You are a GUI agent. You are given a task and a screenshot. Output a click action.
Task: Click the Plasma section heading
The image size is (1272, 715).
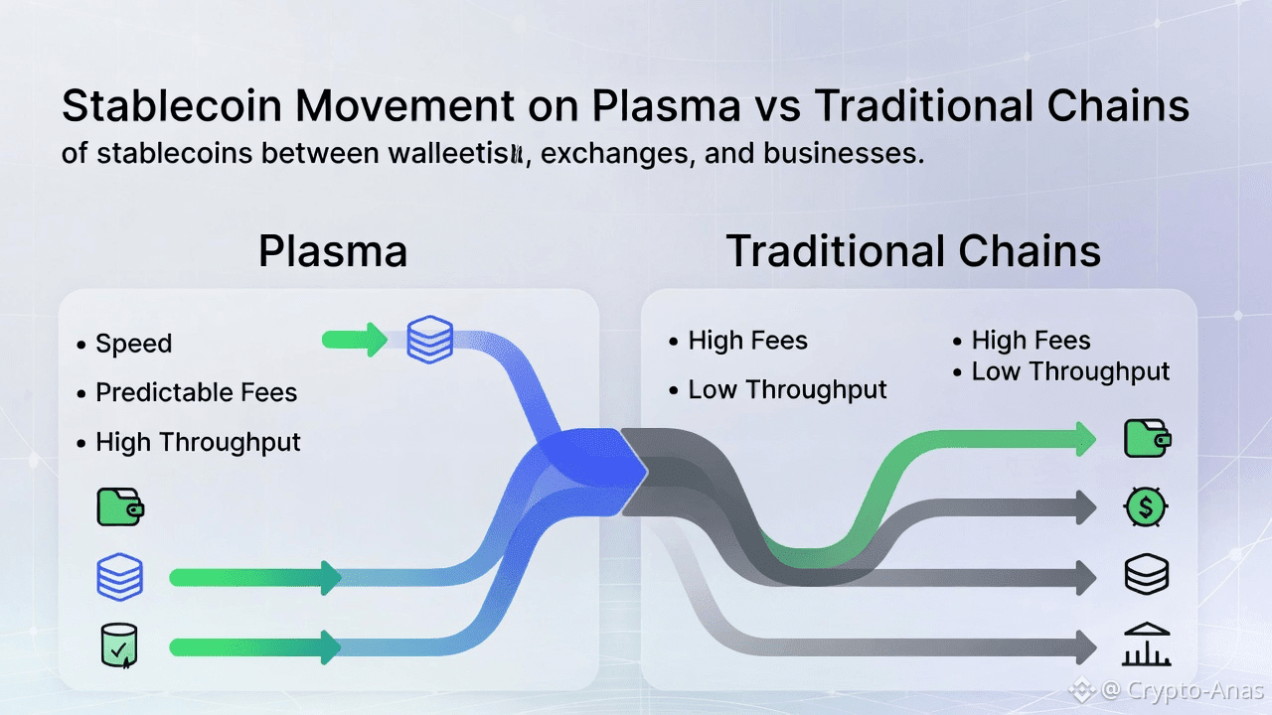pyautogui.click(x=333, y=251)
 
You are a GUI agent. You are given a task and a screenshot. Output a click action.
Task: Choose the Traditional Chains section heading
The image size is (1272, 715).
pyautogui.click(x=913, y=251)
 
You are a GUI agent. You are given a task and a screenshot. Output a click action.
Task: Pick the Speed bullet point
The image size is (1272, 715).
pyautogui.click(x=133, y=344)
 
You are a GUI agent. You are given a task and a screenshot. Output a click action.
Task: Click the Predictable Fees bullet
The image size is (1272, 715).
pyautogui.click(x=196, y=392)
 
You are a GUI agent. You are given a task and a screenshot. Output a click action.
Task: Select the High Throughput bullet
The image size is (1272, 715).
pyautogui.click(x=198, y=442)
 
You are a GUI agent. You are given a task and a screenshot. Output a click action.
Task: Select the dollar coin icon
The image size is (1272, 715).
pyautogui.click(x=1146, y=507)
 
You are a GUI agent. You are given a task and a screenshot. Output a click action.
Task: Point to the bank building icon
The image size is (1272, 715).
pyautogui.click(x=1146, y=645)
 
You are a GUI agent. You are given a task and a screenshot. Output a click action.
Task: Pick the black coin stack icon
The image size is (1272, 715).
pyautogui.click(x=1146, y=575)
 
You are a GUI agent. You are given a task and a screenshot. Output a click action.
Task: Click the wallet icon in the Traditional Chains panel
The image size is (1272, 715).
pyautogui.click(x=1147, y=439)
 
